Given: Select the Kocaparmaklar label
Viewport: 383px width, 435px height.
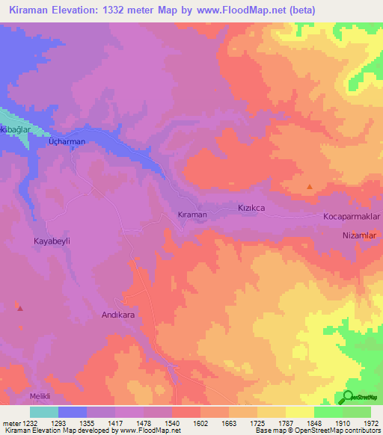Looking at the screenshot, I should pos(352,216).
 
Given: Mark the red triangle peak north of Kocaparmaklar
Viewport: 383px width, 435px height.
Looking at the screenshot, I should pos(310,187).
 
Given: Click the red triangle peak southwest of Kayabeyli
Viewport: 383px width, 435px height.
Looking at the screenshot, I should pos(20,307).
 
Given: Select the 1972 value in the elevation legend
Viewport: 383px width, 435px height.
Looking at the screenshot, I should pos(370,422).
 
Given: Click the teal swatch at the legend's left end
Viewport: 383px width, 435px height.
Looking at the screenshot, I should pos(43,411).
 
